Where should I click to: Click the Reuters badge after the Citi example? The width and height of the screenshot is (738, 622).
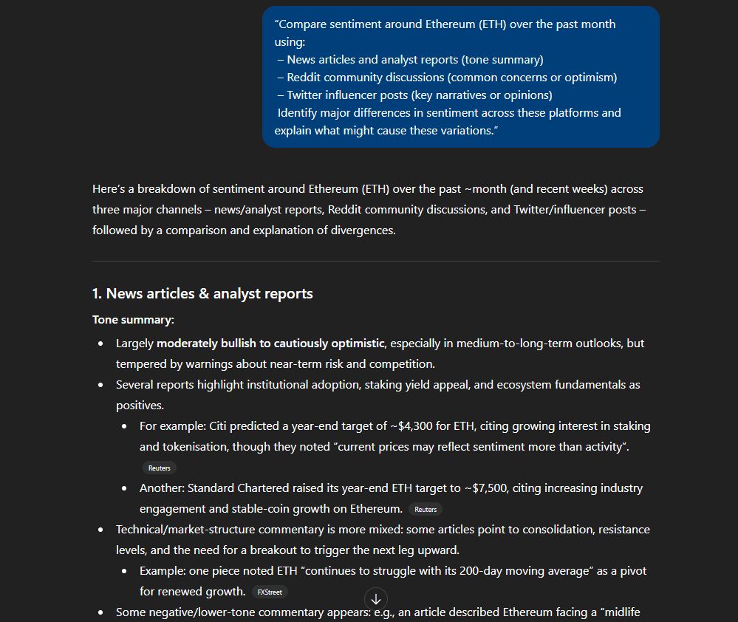[x=159, y=468]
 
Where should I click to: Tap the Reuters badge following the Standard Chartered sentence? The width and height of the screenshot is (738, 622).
[x=426, y=509]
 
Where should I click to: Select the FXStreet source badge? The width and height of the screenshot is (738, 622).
[x=270, y=592]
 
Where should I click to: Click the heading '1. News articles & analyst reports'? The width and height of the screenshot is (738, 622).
[x=202, y=293]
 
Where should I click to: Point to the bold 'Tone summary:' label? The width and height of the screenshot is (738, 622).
[x=133, y=320]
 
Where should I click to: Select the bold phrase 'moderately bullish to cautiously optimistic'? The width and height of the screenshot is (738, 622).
[x=270, y=343]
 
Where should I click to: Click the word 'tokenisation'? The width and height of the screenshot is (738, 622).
[x=195, y=446]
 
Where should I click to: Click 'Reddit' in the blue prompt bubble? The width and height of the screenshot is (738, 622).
[x=304, y=77]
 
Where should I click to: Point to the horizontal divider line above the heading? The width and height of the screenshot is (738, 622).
[x=375, y=261]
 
